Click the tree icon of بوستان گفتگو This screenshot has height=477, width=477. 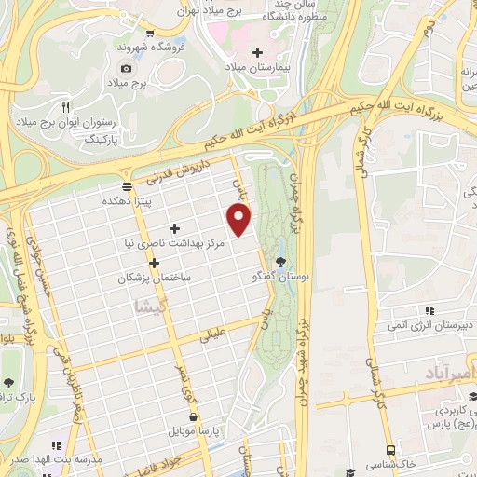click(281, 260)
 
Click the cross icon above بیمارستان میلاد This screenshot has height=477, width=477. click(259, 52)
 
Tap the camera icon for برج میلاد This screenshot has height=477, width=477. click(127, 69)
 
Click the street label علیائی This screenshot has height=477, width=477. click(214, 336)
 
